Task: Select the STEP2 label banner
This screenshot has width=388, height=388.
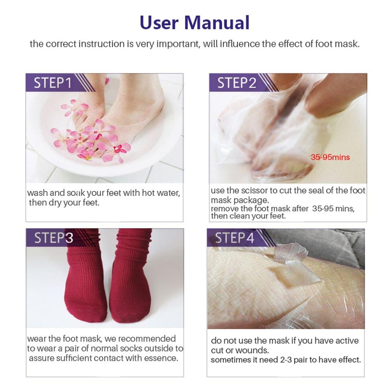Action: [237, 83]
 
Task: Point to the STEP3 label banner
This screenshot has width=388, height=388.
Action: [54, 238]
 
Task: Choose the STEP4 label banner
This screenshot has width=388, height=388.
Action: [235, 238]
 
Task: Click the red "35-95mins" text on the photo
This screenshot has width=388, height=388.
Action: [330, 158]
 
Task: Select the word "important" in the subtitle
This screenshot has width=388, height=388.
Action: [174, 44]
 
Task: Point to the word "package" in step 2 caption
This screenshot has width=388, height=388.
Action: [251, 200]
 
